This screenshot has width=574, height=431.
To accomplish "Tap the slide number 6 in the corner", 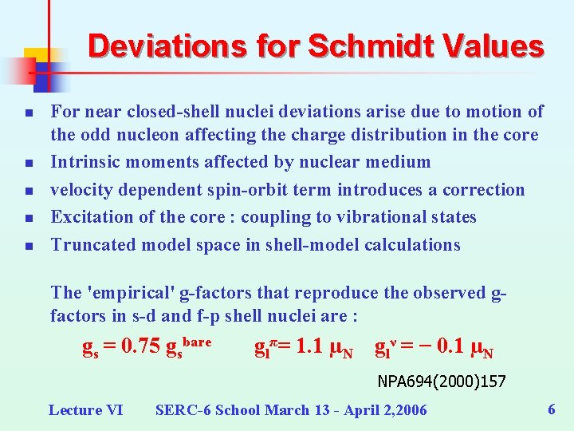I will (x=551, y=409).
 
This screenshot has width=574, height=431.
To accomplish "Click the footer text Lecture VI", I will (x=85, y=410).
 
